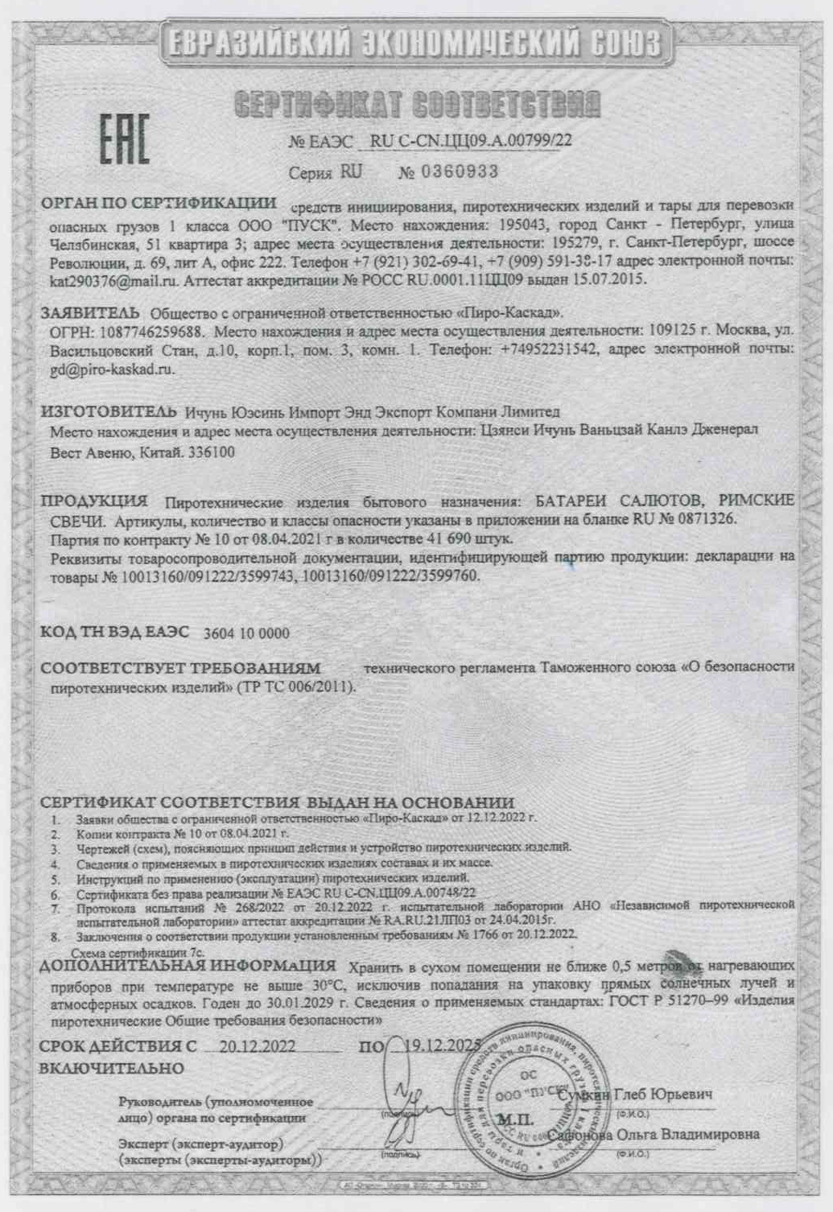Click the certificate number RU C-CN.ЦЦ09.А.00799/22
(x=471, y=141)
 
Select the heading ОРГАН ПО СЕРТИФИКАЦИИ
(x=159, y=203)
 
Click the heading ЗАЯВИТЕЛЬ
(x=90, y=312)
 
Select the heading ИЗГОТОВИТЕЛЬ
(x=108, y=412)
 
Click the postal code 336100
(x=211, y=452)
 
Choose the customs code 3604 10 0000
(x=246, y=633)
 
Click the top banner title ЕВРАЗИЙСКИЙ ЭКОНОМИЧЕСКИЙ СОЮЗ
(x=414, y=43)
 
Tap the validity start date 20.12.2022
(x=258, y=1046)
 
